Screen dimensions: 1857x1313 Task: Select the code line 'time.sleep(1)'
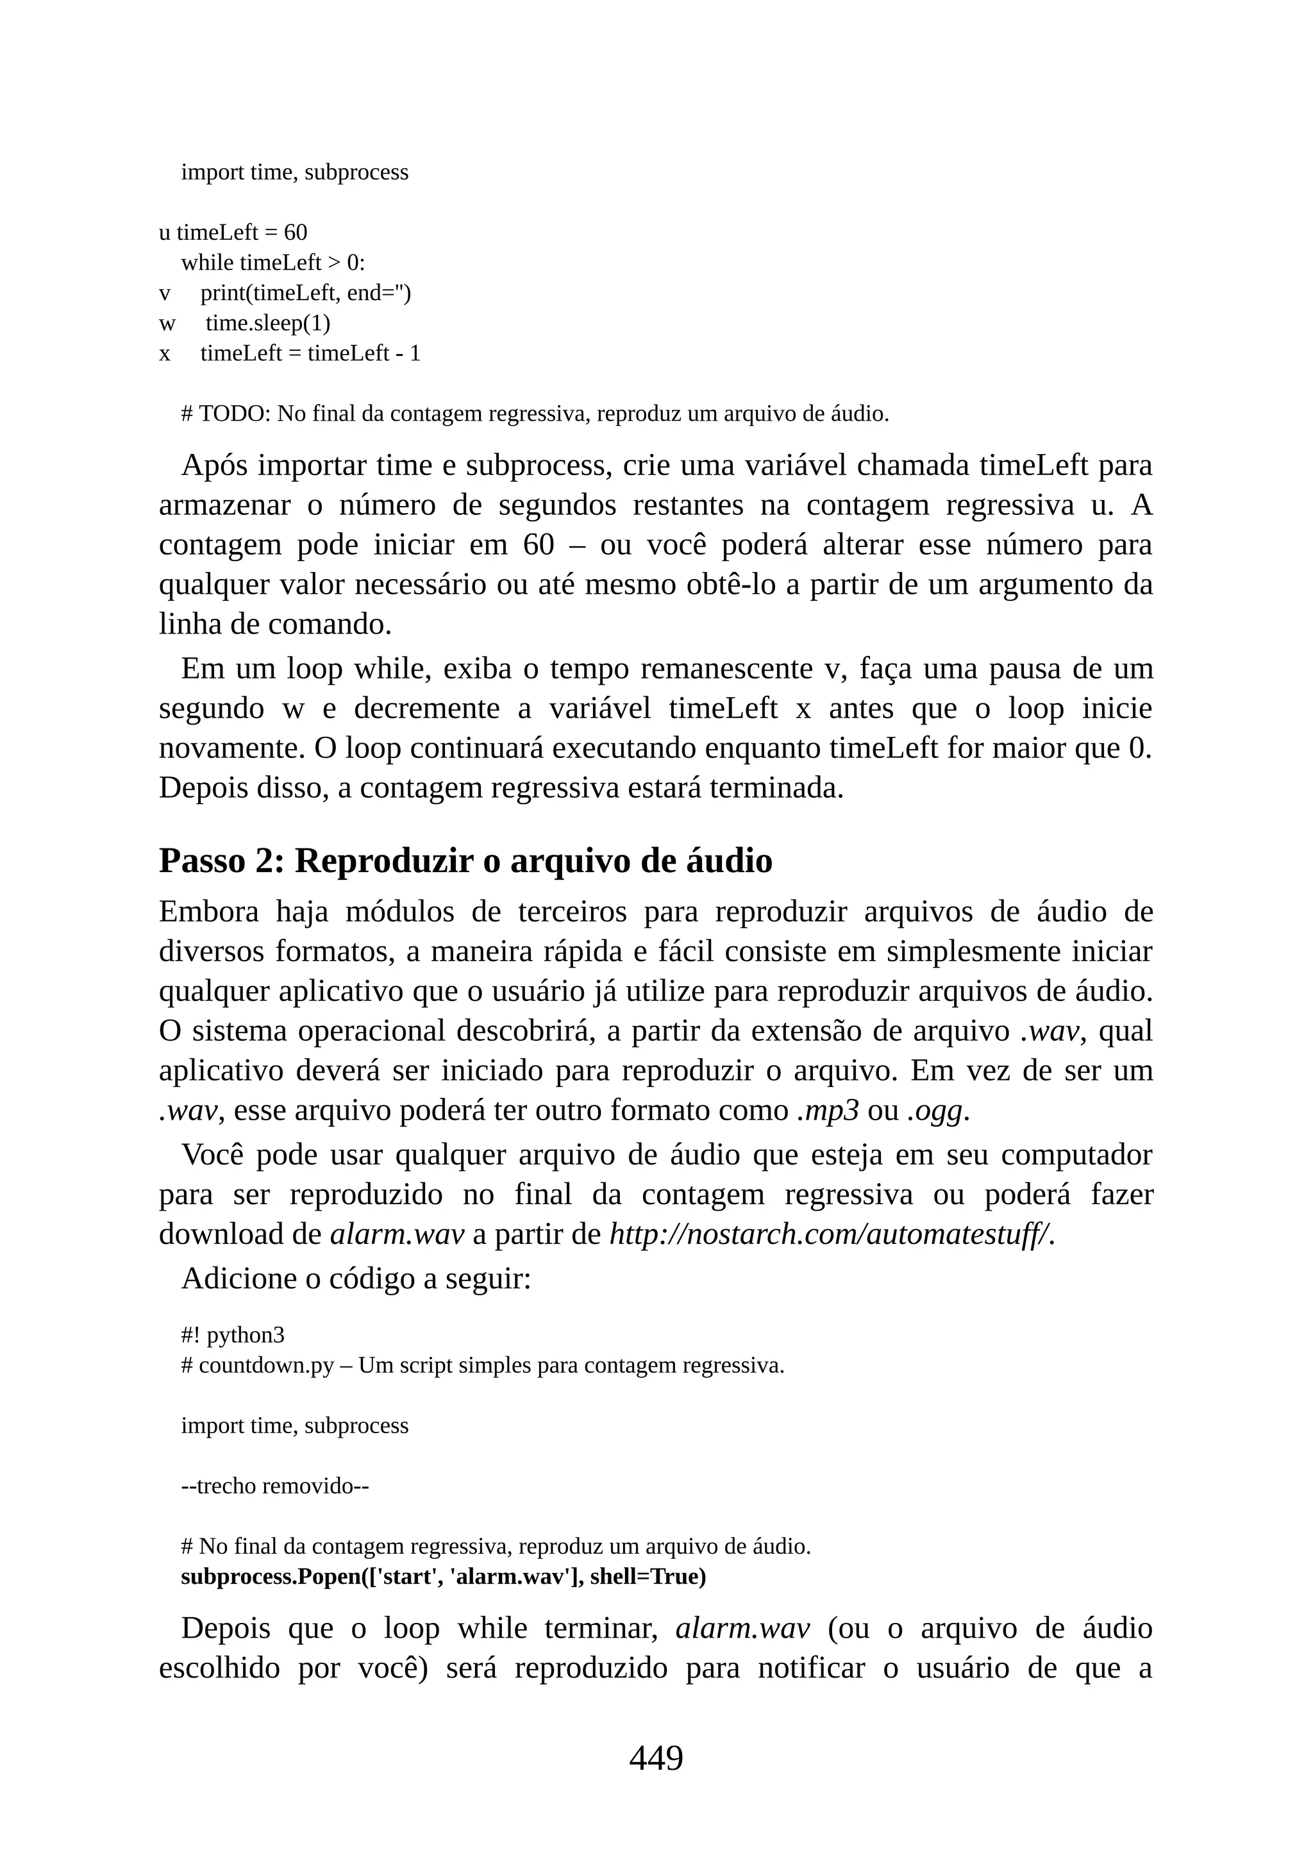[267, 324]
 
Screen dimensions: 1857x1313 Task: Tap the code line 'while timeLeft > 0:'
[272, 263]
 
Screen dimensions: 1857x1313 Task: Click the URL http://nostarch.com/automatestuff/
[831, 1234]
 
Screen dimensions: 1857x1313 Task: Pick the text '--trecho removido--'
[275, 1486]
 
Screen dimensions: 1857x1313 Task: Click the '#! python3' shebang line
[233, 1335]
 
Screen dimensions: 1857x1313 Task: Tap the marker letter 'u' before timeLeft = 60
[164, 233]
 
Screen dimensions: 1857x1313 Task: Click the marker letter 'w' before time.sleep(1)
[167, 324]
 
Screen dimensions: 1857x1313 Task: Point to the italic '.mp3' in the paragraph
[828, 1111]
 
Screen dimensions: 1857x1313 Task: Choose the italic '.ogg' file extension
[935, 1111]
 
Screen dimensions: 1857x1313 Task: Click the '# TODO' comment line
[535, 414]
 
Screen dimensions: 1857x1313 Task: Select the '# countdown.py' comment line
[483, 1365]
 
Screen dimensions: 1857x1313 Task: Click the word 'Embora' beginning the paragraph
[208, 912]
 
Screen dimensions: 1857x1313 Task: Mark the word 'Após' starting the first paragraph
[213, 466]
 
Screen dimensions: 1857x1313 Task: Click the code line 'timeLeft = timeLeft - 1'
[310, 353]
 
